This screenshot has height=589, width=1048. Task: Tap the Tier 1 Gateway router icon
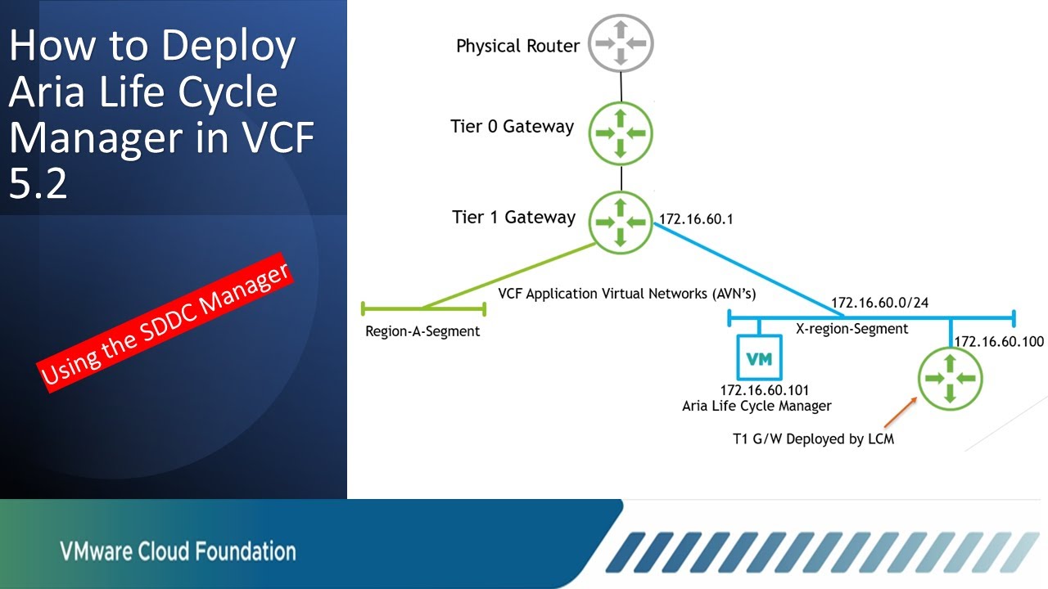coord(621,221)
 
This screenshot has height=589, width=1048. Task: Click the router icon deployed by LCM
coord(950,378)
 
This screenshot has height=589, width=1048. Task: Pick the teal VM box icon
coord(759,359)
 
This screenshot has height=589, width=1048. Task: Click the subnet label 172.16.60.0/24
coord(879,303)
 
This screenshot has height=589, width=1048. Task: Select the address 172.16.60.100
coord(999,341)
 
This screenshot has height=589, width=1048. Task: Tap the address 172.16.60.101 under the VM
coord(758,390)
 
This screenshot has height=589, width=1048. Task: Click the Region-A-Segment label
coord(422,331)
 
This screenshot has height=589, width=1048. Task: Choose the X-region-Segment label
coord(851,329)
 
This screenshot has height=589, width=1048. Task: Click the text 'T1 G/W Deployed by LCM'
coord(813,438)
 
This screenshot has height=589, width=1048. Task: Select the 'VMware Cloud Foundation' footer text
coord(178,551)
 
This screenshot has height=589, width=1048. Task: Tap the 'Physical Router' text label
coord(517,46)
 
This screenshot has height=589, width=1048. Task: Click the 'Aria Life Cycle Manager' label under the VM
coord(757,406)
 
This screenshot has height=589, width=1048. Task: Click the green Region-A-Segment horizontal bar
coord(422,308)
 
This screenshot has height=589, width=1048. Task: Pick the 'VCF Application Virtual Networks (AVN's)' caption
coord(627,294)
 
